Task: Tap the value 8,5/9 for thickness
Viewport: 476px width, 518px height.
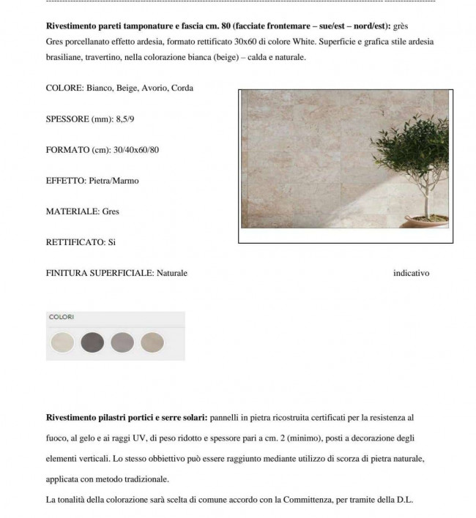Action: (x=126, y=119)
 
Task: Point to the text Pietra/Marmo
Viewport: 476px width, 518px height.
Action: (x=114, y=181)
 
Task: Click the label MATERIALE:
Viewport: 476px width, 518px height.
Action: (x=72, y=211)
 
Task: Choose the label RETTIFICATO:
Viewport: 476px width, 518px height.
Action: (x=75, y=242)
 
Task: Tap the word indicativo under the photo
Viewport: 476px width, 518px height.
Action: (x=411, y=273)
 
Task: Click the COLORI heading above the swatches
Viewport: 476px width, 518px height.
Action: (x=62, y=318)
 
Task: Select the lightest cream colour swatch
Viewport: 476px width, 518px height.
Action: (x=62, y=342)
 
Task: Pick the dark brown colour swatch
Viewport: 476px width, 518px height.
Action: (x=92, y=342)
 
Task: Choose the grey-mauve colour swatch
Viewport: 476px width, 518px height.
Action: (x=122, y=342)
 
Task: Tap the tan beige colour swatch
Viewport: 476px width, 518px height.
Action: (x=152, y=342)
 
